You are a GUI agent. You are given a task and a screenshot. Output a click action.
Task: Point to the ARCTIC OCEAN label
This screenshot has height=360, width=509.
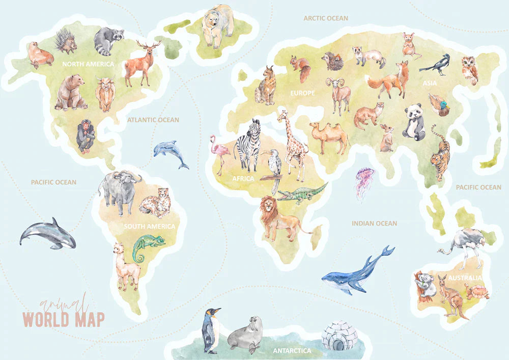coord(326,18)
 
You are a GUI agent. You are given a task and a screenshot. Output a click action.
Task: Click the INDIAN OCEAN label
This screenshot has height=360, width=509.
coord(374,223)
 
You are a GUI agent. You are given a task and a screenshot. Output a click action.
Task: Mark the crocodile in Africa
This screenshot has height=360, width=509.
coord(302,193)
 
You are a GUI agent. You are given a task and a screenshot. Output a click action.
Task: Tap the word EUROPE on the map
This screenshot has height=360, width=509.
coord(302,93)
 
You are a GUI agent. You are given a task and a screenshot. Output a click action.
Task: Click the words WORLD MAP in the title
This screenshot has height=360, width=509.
coord(64,319)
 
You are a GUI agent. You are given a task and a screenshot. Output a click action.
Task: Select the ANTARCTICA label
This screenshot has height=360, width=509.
coord(292,351)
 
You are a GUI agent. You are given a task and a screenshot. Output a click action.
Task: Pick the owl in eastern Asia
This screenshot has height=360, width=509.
coord(470,70)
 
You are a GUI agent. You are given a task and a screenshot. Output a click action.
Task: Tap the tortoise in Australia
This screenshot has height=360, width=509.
coord(478,291)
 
